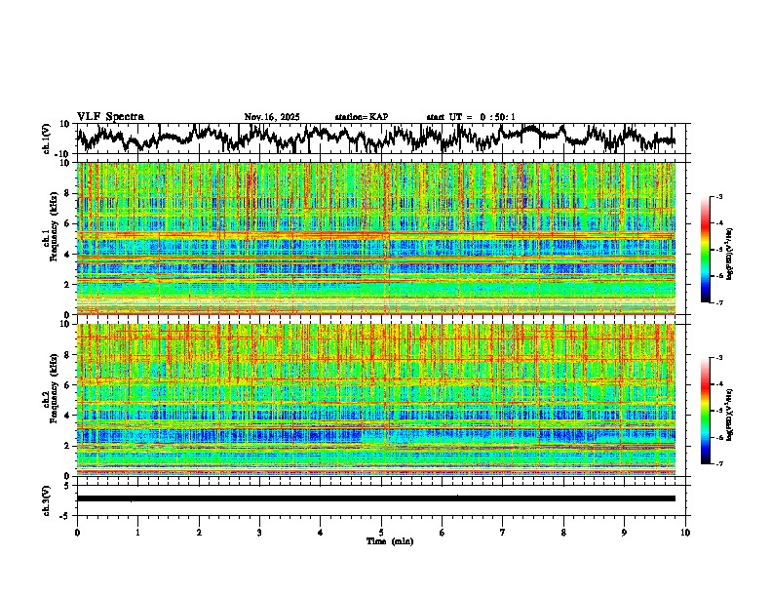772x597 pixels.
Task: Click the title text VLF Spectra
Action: (x=110, y=117)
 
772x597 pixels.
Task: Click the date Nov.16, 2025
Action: (x=272, y=117)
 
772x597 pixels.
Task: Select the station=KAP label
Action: (x=362, y=117)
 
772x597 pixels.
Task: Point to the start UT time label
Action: (x=471, y=117)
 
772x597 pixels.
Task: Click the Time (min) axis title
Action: (x=381, y=540)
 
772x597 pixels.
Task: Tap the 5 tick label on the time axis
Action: (x=381, y=533)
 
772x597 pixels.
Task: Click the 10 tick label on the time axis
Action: (x=685, y=533)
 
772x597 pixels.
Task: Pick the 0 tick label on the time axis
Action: (x=77, y=533)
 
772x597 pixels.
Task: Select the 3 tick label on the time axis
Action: (x=259, y=533)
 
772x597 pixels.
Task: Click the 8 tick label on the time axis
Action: (x=563, y=533)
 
